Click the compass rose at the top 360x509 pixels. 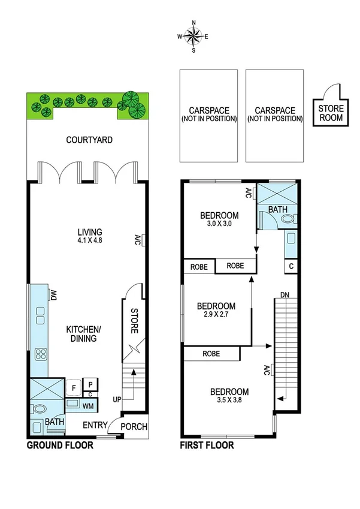click(193, 37)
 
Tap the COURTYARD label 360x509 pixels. click(89, 140)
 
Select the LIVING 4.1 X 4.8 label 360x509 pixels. click(89, 236)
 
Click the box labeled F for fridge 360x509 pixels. click(74, 388)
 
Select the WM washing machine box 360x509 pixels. click(87, 406)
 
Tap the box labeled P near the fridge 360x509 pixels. click(90, 384)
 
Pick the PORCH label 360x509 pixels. click(135, 426)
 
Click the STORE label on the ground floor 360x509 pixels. click(134, 321)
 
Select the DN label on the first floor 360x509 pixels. click(285, 294)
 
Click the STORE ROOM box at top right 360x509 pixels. click(331, 112)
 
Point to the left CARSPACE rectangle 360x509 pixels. click(208, 115)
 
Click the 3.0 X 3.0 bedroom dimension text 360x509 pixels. click(219, 224)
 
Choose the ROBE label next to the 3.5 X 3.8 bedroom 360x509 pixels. click(211, 354)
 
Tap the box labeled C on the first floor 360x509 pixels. click(291, 266)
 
